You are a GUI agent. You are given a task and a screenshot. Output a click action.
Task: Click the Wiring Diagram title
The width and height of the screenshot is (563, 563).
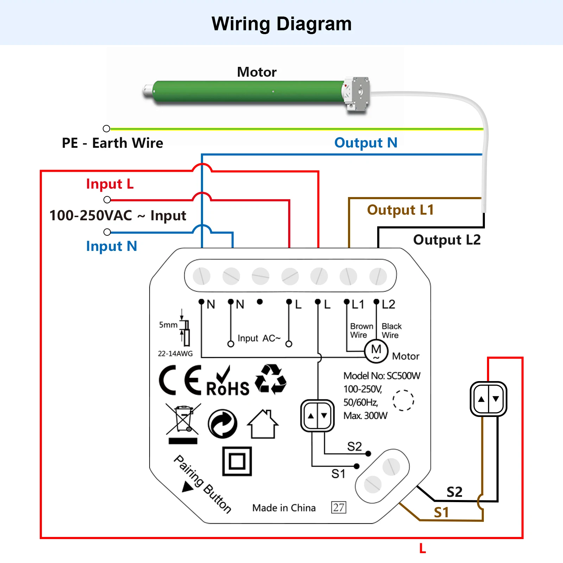click(281, 24)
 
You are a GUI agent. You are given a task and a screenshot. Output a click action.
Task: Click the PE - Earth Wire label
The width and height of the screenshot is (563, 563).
click(112, 143)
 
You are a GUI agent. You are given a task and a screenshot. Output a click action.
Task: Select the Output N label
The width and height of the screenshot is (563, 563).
click(366, 143)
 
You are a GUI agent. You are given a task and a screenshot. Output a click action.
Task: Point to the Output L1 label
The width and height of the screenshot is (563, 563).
click(400, 210)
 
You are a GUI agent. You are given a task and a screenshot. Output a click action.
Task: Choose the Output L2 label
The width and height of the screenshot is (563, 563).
click(447, 240)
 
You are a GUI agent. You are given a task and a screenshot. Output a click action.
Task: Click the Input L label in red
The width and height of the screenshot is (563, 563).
click(110, 184)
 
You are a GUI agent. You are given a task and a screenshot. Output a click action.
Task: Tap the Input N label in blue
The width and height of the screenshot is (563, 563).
click(111, 246)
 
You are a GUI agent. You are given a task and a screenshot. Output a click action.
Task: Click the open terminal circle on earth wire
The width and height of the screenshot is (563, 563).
click(106, 128)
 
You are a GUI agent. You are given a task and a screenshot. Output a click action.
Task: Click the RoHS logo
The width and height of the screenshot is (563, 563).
click(228, 382)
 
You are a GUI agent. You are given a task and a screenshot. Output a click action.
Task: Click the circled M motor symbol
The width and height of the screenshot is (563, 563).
click(376, 351)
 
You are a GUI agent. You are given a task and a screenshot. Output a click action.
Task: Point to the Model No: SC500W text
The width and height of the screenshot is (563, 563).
click(382, 376)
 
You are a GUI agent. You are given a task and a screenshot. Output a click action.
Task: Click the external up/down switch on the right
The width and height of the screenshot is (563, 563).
click(488, 399)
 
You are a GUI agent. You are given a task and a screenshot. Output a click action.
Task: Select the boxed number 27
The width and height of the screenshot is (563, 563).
click(339, 507)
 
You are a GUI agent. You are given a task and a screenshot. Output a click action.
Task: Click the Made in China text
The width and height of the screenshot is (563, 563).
click(284, 508)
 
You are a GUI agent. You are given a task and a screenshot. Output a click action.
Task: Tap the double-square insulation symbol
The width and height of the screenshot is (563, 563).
click(237, 461)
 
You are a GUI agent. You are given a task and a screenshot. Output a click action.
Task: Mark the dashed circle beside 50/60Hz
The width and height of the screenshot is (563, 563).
click(403, 400)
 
